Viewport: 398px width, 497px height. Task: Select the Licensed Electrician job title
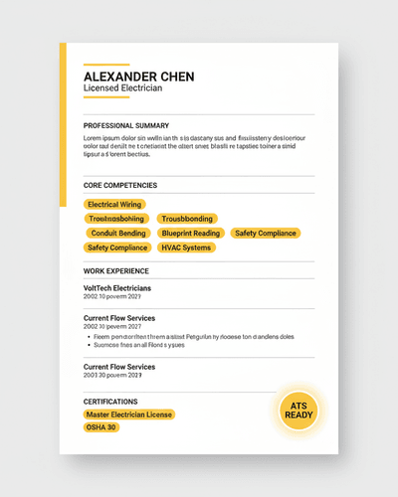122,89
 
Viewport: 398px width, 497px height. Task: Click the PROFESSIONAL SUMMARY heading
126,125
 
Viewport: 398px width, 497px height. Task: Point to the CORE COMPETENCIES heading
120,185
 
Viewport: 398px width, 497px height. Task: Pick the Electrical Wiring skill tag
115,204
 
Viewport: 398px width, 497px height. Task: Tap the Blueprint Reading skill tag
191,233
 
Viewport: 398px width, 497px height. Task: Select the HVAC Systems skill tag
186,248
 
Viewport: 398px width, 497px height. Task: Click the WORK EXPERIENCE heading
116,270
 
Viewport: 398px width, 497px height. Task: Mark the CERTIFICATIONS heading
111,401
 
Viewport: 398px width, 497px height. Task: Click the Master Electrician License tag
129,414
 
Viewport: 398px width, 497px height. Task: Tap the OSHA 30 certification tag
101,427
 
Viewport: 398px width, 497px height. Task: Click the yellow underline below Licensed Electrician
106,97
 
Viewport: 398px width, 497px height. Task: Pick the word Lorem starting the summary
95,137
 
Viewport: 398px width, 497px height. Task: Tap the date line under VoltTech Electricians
112,297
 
